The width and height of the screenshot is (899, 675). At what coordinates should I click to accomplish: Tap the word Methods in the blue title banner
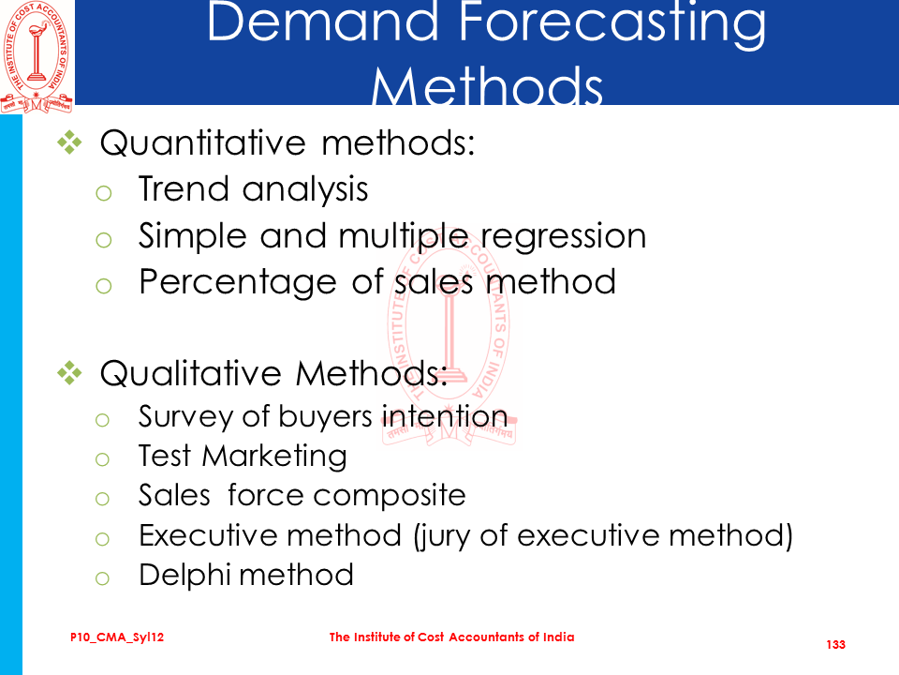pyautogui.click(x=487, y=85)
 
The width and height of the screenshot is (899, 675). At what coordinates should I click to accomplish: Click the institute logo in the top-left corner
pyautogui.click(x=37, y=57)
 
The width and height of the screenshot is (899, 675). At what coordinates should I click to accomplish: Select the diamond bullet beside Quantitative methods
pyautogui.click(x=69, y=142)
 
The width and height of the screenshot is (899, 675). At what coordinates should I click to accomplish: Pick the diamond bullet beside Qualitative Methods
pyautogui.click(x=69, y=373)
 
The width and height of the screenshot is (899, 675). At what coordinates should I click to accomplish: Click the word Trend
pyautogui.click(x=184, y=188)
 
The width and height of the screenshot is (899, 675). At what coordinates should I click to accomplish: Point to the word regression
pyautogui.click(x=563, y=236)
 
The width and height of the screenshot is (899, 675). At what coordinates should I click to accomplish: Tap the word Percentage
pyautogui.click(x=237, y=283)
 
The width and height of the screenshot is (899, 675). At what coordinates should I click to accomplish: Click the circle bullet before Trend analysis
pyautogui.click(x=104, y=193)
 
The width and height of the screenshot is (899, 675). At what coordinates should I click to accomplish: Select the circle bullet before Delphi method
pyautogui.click(x=102, y=578)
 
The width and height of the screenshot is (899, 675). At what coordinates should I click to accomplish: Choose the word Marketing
pyautogui.click(x=274, y=457)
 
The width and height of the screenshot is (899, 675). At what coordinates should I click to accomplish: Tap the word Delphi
pyautogui.click(x=184, y=575)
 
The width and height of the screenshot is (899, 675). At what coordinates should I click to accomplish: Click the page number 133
pyautogui.click(x=836, y=645)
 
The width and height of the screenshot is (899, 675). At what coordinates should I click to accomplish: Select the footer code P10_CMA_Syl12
pyautogui.click(x=117, y=637)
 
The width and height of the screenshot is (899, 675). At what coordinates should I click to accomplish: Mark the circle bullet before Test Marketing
pyautogui.click(x=102, y=459)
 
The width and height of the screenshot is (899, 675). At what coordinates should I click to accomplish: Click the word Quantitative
pyautogui.click(x=203, y=142)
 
